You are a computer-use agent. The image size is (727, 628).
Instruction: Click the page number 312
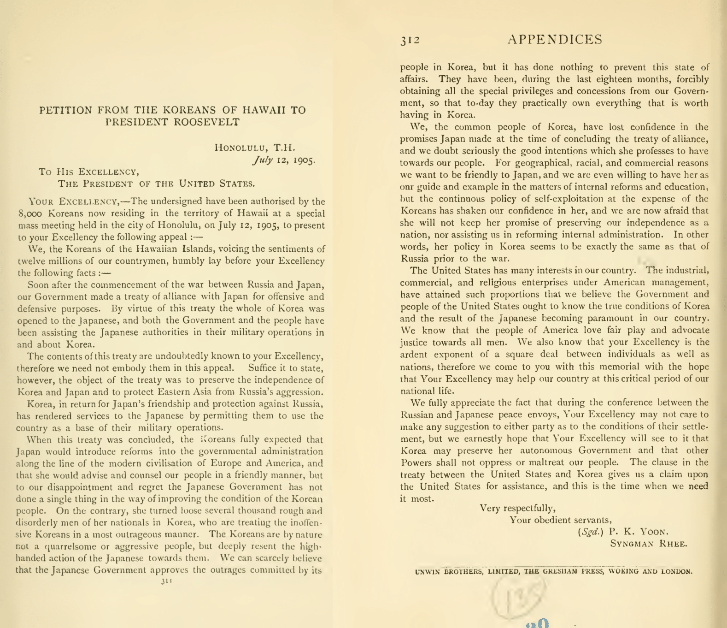point(410,40)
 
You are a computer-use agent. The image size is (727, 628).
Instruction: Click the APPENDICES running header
point(555,40)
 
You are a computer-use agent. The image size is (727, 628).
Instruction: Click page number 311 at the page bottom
point(166,581)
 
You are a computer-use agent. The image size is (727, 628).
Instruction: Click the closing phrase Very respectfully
point(517,508)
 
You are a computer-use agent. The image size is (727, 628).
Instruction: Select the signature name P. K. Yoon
point(639,532)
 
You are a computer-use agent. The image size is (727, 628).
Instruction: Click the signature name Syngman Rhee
point(649,544)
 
